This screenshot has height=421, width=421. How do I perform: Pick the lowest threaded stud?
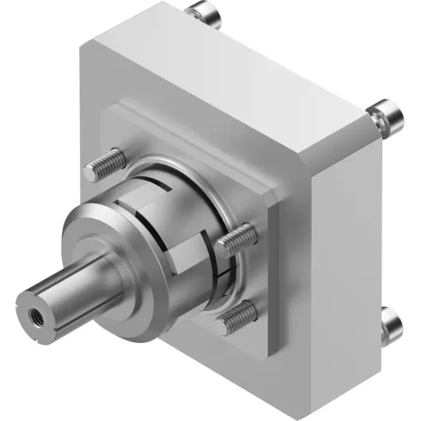tap(237, 319)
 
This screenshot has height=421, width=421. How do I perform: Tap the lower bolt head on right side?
tap(391, 324)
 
